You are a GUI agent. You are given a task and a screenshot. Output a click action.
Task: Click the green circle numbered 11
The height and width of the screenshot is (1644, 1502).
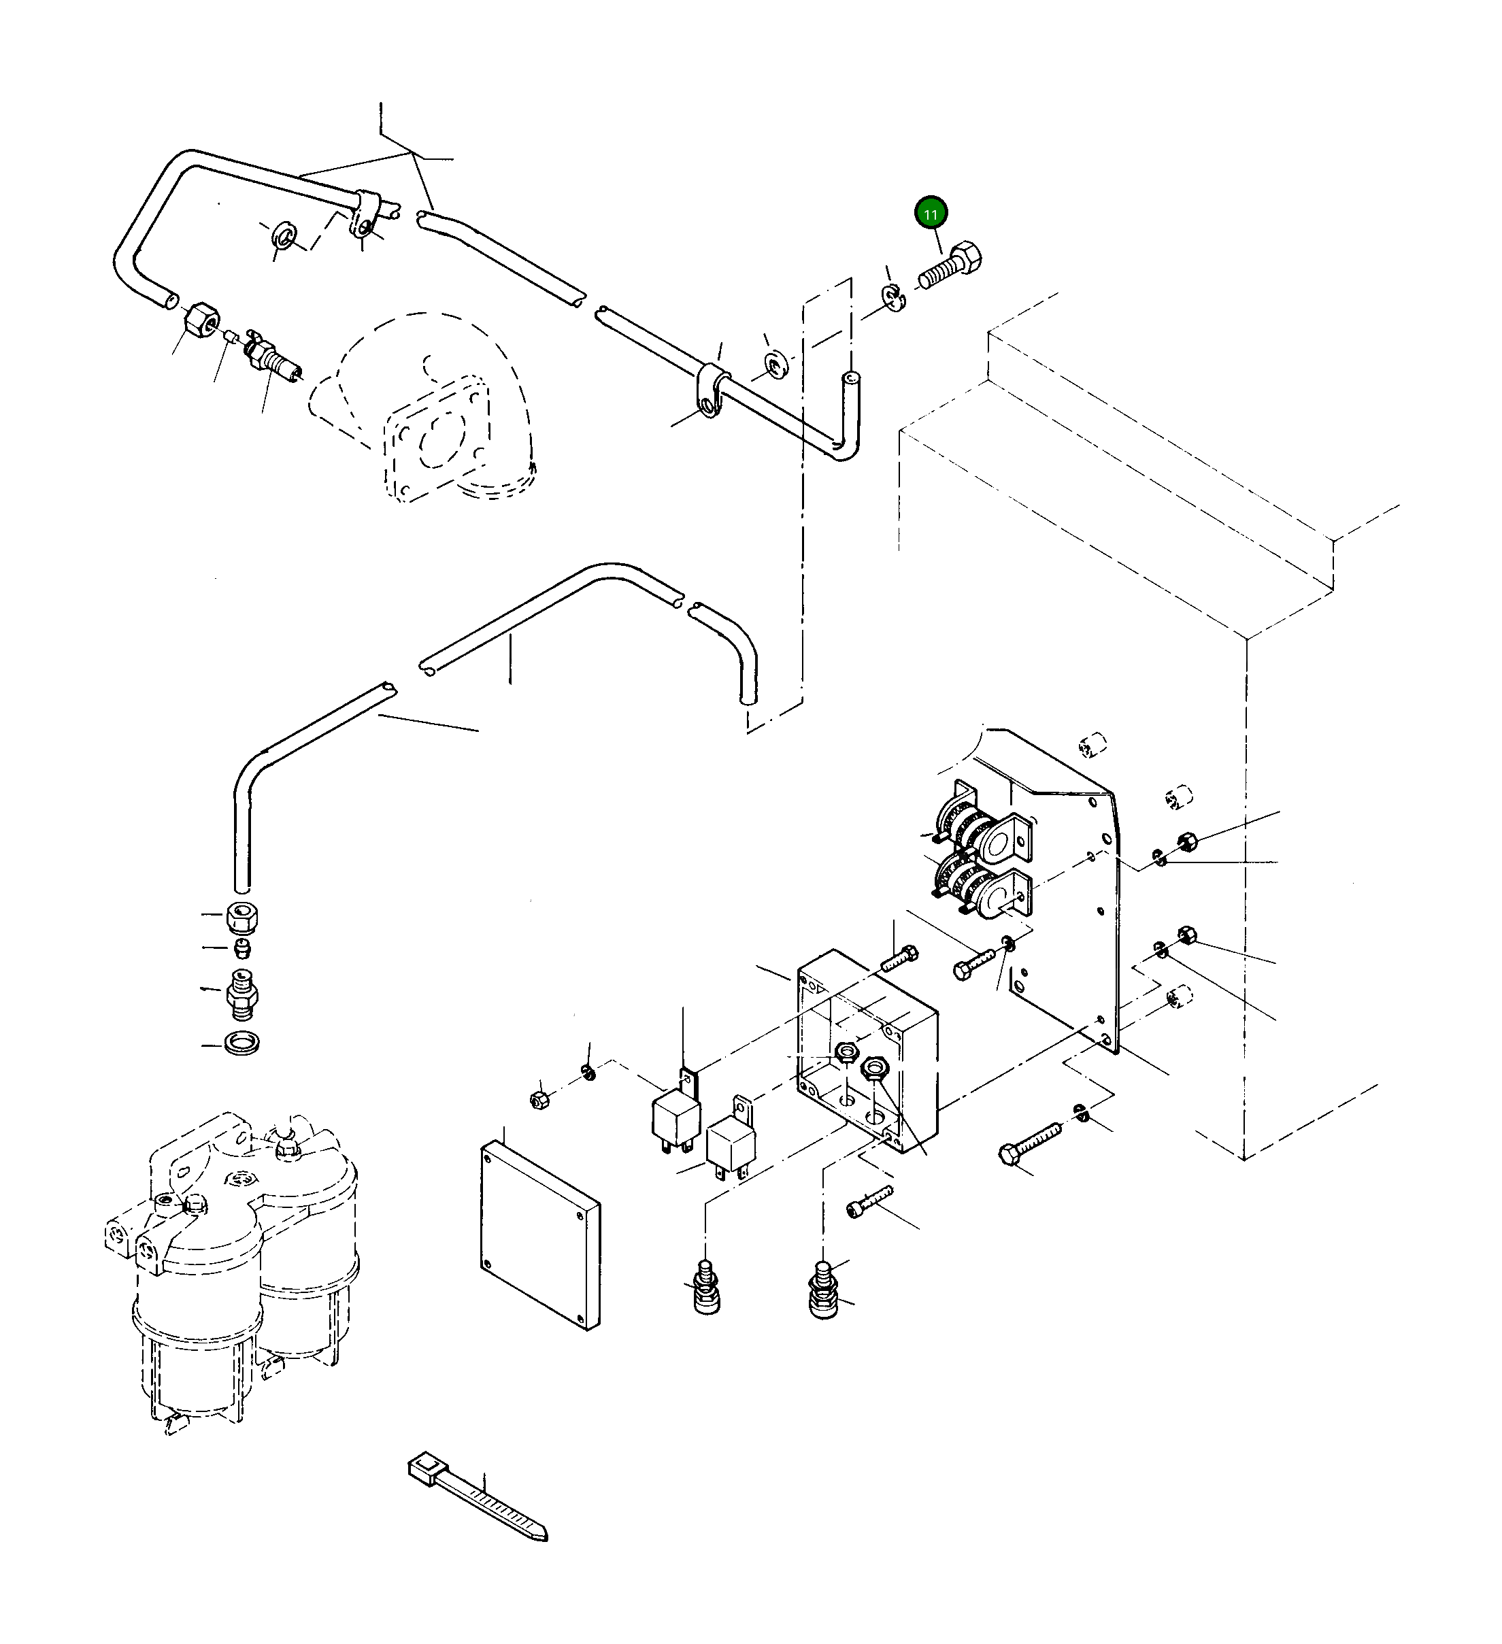pos(931,214)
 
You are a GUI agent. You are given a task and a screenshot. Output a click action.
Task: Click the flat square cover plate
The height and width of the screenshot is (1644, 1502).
pos(540,1234)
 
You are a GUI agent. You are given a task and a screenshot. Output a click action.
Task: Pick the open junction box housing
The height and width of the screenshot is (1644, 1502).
pos(867,1052)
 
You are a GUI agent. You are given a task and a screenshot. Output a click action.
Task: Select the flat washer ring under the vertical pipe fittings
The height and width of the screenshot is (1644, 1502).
pos(241,1042)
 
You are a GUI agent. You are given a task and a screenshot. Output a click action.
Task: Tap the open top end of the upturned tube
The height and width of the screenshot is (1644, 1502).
pos(850,378)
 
